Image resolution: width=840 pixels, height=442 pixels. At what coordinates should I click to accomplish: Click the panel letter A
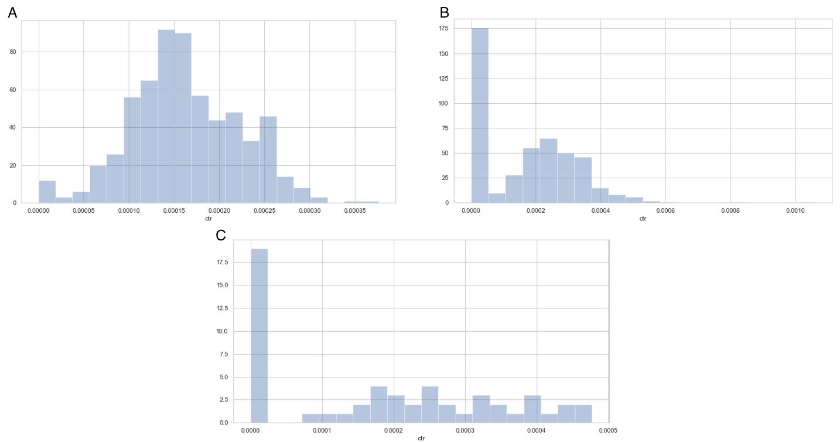(12, 12)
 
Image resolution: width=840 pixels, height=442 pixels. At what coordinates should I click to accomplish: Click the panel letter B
(445, 12)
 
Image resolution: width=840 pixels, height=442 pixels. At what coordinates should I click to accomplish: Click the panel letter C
(221, 235)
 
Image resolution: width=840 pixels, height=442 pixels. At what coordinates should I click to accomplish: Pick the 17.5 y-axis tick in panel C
(223, 262)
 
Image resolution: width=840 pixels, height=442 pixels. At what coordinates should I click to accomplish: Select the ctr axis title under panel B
(643, 219)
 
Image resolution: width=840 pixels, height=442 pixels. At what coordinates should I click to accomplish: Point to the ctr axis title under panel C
(421, 438)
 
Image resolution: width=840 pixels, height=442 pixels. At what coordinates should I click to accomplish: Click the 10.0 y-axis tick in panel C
(223, 331)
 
